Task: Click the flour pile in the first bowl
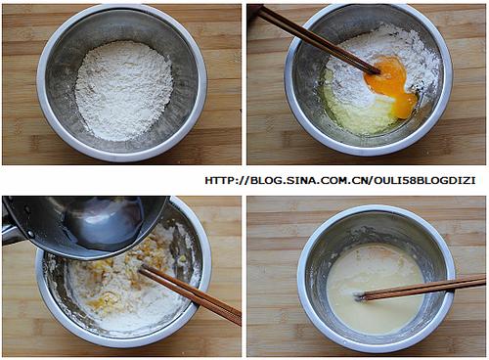tap(124, 91)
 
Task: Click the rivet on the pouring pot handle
tap(30, 234)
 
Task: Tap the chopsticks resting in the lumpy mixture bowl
tap(191, 294)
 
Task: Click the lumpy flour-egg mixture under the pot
tap(130, 291)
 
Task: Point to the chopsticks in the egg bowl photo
tap(320, 38)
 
